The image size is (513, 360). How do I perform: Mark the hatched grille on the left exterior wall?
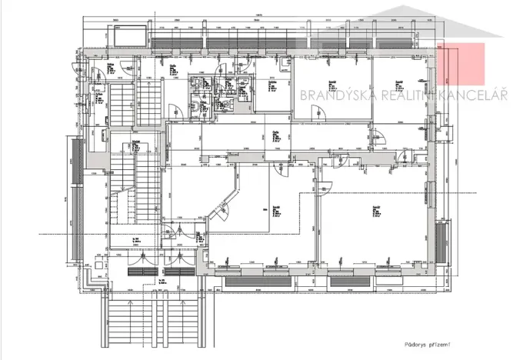(76, 162)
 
